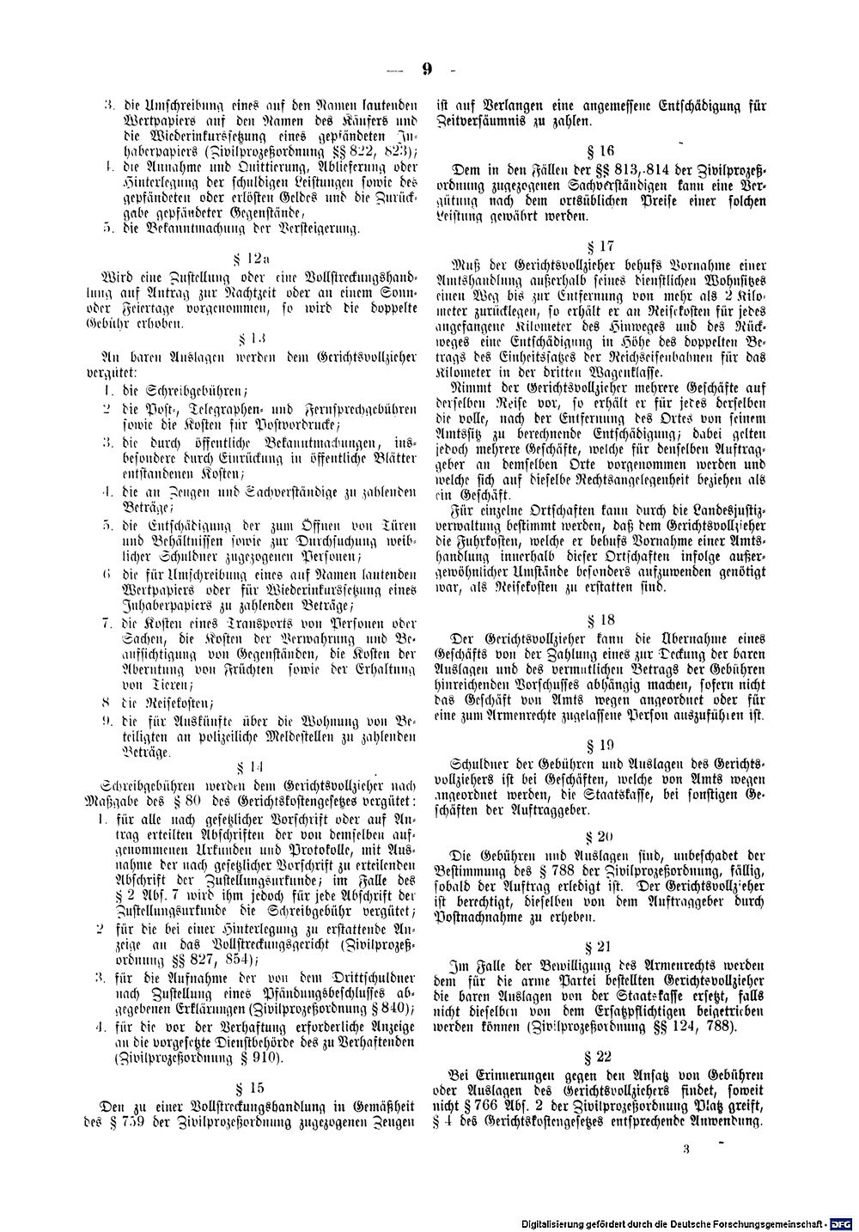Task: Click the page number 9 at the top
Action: (427, 70)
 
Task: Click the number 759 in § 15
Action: (145, 1123)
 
